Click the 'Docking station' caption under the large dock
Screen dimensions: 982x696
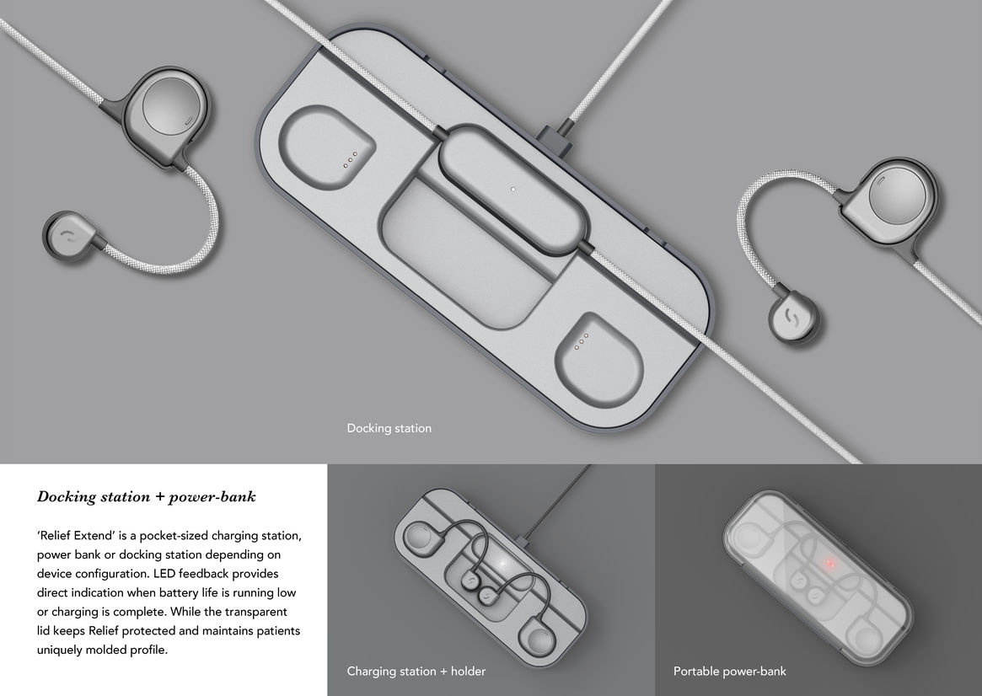[389, 428]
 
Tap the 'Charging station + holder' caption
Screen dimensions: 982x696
[416, 671]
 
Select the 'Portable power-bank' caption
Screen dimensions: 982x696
[730, 671]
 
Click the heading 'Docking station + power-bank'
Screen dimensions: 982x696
[147, 497]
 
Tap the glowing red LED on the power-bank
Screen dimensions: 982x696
[830, 564]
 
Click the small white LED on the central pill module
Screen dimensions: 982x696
[513, 189]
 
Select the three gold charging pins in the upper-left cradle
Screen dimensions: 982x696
[350, 159]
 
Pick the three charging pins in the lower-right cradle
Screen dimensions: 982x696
[581, 340]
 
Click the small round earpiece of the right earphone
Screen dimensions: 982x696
[793, 318]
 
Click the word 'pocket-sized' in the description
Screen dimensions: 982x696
[172, 536]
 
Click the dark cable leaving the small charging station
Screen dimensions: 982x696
[557, 501]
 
